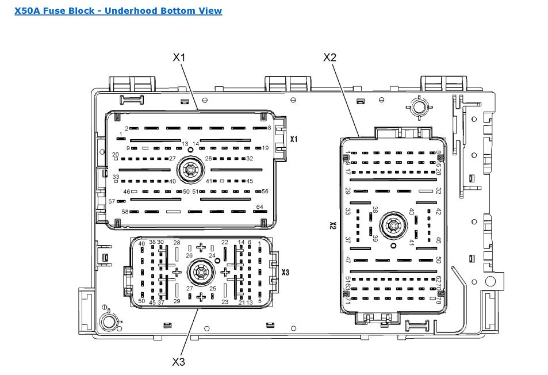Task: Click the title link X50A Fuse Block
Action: point(118,10)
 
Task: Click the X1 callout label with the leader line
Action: point(179,57)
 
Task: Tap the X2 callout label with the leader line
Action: point(329,57)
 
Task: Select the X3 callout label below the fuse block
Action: point(179,362)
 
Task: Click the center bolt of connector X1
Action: point(189,170)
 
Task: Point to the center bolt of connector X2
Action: point(393,225)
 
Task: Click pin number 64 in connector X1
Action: point(259,207)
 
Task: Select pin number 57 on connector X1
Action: point(112,201)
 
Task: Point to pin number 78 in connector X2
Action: point(438,300)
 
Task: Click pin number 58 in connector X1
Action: point(125,212)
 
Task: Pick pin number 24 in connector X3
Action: point(212,255)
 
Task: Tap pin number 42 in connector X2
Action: point(438,211)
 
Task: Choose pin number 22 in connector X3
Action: point(224,243)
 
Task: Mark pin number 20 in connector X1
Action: point(115,155)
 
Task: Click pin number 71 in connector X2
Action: point(347,300)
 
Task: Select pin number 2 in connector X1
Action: point(127,128)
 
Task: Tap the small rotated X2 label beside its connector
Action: point(332,225)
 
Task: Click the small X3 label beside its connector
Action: point(285,271)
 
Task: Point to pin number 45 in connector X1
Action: point(250,181)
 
